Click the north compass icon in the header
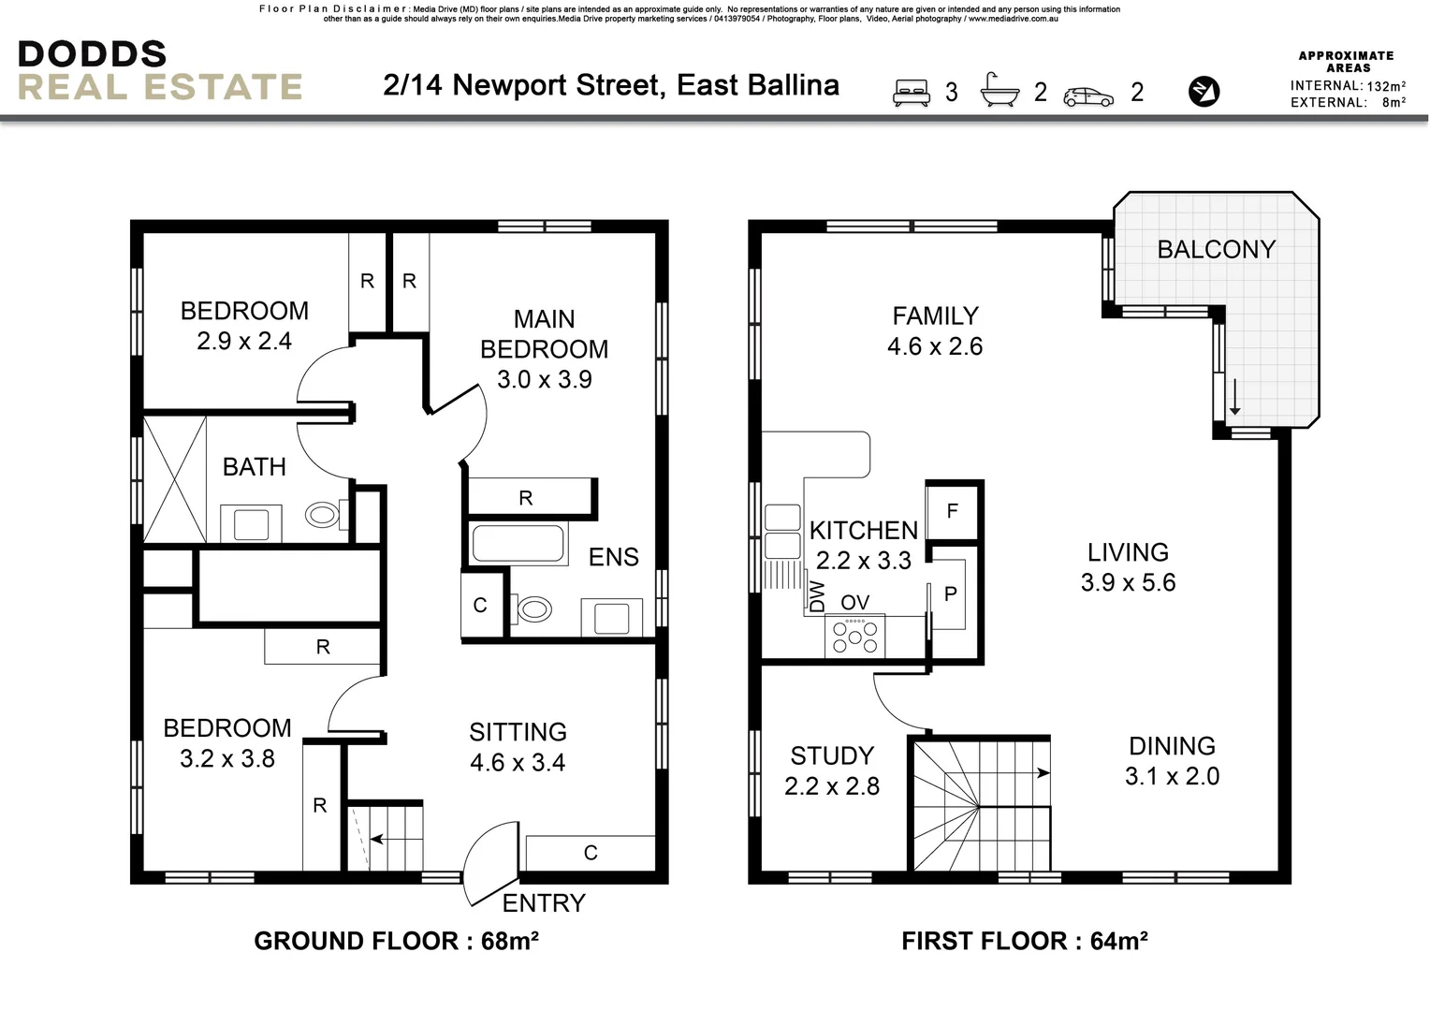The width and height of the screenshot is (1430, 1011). (x=1204, y=91)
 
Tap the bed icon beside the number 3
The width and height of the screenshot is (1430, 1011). (x=912, y=92)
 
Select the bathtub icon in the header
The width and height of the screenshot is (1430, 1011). (x=1000, y=90)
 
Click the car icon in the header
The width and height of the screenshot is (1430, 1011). (x=1088, y=95)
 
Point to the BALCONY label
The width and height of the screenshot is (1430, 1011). (x=1216, y=249)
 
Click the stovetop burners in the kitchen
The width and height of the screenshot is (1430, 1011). (x=854, y=637)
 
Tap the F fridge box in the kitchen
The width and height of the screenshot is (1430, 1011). (x=953, y=511)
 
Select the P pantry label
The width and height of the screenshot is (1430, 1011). (x=951, y=594)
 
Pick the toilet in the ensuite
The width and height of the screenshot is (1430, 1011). (x=534, y=610)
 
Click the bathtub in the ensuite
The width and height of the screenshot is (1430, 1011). (x=518, y=543)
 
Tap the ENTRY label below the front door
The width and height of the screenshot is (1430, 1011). (x=544, y=903)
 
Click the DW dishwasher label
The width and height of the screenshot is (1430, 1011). (x=817, y=596)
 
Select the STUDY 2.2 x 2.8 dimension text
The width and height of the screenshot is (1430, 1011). (x=832, y=786)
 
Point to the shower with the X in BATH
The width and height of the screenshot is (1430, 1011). (x=174, y=479)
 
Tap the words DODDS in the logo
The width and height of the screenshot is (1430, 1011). (x=92, y=54)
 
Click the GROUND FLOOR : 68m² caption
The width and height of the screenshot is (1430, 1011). (x=396, y=941)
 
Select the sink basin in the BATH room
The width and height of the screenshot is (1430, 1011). (x=251, y=524)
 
